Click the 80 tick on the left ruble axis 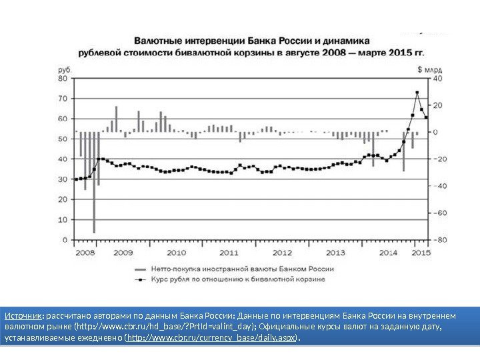coord(64,78)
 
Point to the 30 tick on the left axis coord(64,179)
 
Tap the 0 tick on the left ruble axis coord(65,239)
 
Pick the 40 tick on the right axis coord(438,78)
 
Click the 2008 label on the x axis coord(85,252)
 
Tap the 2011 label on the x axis coord(229,252)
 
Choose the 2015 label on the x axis coord(421,252)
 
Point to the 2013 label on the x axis coord(335,252)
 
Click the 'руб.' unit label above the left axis coord(65,69)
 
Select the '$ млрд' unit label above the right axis coord(429,69)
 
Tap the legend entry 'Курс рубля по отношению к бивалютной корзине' coord(239,279)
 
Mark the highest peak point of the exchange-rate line coord(417,93)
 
